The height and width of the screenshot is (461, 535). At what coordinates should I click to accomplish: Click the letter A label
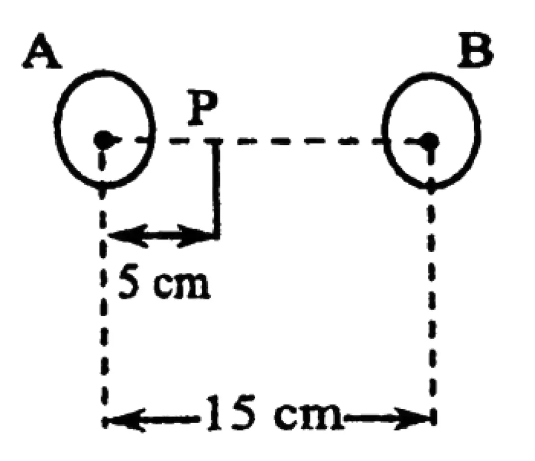click(42, 51)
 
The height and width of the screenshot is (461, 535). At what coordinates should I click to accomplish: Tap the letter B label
click(475, 50)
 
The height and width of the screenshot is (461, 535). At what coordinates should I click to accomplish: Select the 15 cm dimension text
click(273, 413)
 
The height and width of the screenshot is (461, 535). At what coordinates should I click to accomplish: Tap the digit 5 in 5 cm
click(129, 283)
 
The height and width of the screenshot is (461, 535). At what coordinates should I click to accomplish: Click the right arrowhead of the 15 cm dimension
click(412, 418)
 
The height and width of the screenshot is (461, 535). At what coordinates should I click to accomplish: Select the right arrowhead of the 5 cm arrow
click(196, 236)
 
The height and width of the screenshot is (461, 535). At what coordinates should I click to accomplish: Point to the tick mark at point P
click(213, 140)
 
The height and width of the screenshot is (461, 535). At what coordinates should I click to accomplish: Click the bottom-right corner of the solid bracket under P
click(218, 237)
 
